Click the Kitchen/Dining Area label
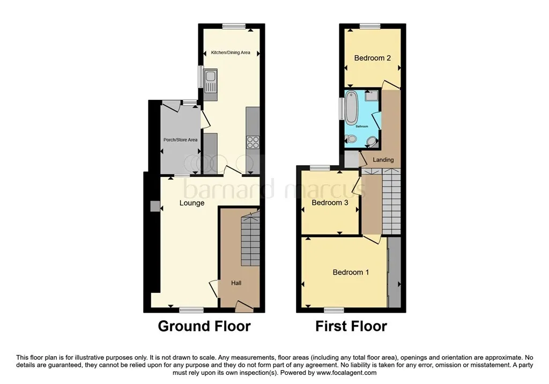coord(231,53)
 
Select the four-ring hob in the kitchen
coord(253,142)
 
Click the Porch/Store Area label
coord(180,140)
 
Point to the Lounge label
coord(192,203)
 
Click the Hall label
coord(236,283)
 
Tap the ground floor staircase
coord(250,238)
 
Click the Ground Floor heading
coord(204,326)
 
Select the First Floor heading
coord(351,326)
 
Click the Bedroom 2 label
coord(372,58)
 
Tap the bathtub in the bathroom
coord(351,106)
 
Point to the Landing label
coord(383,160)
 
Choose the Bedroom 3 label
coord(330,203)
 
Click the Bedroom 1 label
coord(351,272)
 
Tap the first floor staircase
coord(391,201)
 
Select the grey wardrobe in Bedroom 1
coord(395,272)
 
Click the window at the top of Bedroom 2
coord(370,26)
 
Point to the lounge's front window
coord(191,310)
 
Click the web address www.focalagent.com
coord(347,373)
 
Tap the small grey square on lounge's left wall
coord(155,206)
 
